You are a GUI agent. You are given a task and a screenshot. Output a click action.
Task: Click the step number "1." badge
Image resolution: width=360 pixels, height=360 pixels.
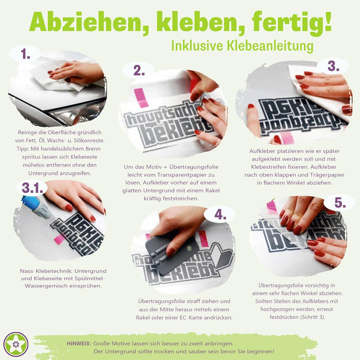tap(25, 54)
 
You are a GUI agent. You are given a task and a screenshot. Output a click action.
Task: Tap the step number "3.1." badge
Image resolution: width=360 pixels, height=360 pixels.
tap(32, 187)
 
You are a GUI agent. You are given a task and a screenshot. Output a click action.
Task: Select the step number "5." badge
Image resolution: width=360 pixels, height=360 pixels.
tap(339, 202)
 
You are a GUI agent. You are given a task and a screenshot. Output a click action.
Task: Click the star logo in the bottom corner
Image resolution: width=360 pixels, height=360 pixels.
tap(16, 344)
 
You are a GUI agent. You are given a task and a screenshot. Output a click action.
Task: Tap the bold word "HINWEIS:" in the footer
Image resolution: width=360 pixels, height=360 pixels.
tap(78, 343)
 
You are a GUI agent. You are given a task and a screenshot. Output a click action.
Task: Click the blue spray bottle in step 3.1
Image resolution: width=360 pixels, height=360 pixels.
tap(35, 205)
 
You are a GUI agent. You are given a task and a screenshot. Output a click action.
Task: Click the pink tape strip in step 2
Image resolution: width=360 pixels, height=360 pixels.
tap(140, 97)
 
